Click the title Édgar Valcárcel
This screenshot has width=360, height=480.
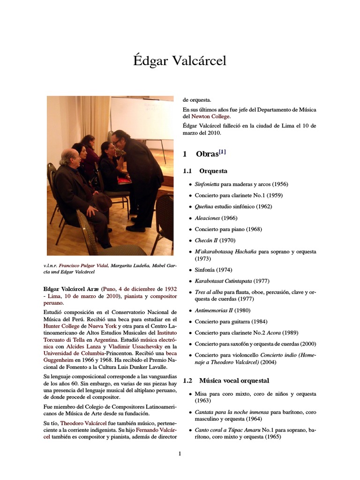pyautogui.click(x=180, y=61)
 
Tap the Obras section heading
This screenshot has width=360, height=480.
pyautogui.click(x=207, y=154)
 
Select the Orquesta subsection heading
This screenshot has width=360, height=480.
pyautogui.click(x=213, y=171)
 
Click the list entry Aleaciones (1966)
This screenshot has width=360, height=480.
pyautogui.click(x=216, y=218)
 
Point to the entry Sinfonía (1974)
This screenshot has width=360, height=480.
pyautogui.click(x=213, y=270)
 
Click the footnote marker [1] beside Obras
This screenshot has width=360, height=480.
pyautogui.click(x=222, y=151)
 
